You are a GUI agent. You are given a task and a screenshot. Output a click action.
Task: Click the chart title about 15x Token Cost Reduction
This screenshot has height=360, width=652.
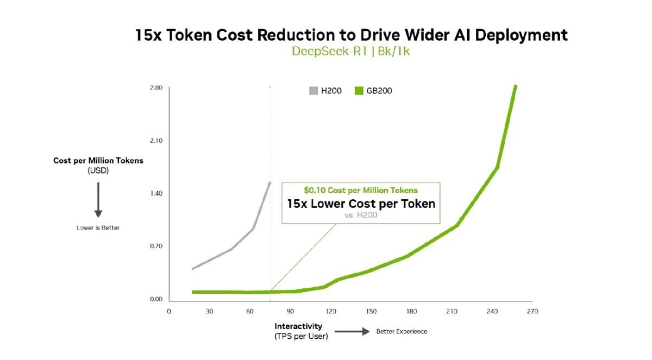point(352,35)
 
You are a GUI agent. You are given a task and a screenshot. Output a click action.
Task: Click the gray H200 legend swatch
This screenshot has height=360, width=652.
point(313,91)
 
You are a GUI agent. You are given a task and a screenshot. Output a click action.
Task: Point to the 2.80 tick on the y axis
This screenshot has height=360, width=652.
point(155,88)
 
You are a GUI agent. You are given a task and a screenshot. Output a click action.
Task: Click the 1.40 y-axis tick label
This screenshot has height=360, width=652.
point(155,193)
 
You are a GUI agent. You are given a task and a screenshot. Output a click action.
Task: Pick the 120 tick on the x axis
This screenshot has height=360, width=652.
point(330,312)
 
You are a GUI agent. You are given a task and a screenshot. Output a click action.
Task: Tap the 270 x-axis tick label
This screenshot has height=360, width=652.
point(532,312)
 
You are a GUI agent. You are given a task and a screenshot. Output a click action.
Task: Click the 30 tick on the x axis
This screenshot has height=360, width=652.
point(209,312)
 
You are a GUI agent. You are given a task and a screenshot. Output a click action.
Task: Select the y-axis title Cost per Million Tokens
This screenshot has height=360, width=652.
point(98,161)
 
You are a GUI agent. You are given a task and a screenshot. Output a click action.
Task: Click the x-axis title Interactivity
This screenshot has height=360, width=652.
point(298,326)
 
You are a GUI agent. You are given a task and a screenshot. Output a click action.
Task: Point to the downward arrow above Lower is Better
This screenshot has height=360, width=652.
point(98,199)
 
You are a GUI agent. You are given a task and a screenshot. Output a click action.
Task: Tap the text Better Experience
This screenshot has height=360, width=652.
point(402,331)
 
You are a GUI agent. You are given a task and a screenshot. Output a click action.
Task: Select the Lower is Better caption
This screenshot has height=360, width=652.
point(98,228)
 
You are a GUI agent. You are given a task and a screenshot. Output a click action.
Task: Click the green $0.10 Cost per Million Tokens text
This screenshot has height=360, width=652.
point(361,191)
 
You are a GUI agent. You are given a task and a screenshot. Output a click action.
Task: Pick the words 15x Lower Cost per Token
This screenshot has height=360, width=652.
point(361,204)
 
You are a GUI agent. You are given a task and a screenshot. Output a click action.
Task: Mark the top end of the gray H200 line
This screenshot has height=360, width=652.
point(270,182)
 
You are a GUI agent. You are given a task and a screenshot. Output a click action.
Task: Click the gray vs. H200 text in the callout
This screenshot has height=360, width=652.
point(361,216)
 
